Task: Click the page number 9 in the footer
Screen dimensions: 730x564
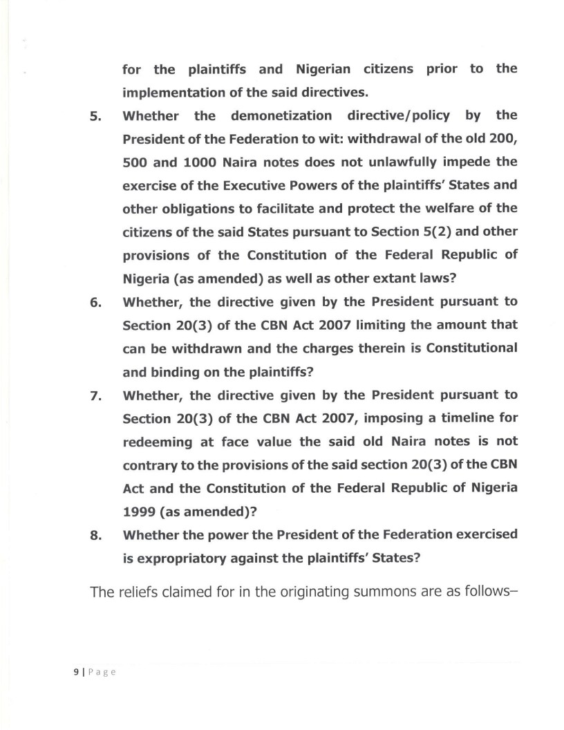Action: (x=75, y=671)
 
